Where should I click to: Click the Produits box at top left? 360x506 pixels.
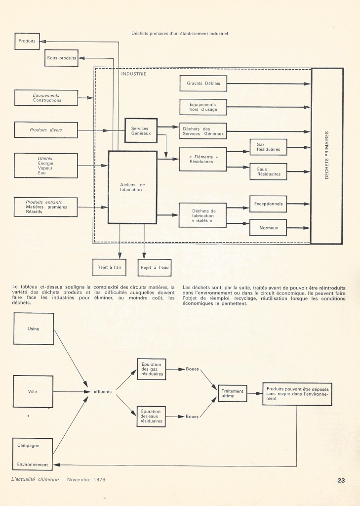click(27, 41)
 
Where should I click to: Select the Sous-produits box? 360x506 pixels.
click(61, 58)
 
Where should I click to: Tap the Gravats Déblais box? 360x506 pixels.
click(203, 84)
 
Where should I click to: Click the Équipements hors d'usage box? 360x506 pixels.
click(203, 107)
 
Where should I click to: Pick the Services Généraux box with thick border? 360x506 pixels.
click(140, 130)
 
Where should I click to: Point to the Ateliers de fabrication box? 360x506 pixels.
click(132, 187)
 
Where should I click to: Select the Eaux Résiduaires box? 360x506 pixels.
click(268, 171)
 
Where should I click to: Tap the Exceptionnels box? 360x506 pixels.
click(268, 203)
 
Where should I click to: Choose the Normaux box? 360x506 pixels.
click(268, 227)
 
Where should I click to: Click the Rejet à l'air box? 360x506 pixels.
click(109, 267)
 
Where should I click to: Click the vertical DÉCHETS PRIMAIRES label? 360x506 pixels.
click(326, 156)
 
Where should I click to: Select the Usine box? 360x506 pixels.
click(34, 329)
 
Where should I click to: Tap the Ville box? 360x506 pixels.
click(33, 392)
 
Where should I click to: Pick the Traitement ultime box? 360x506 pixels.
click(233, 393)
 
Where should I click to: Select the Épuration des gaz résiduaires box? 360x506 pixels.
click(151, 369)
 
